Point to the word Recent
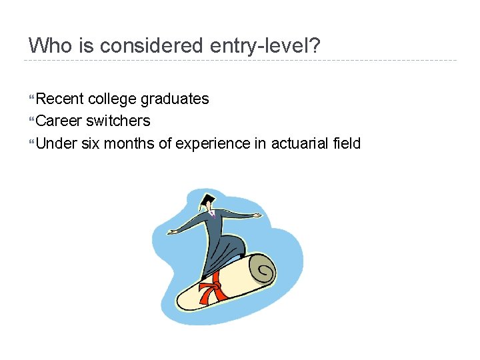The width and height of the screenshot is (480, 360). click(x=59, y=99)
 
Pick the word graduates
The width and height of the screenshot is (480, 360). click(x=175, y=99)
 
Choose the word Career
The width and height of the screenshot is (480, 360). click(x=59, y=121)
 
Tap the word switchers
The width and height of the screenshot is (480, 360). click(x=118, y=121)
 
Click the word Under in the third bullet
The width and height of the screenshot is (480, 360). click(x=57, y=143)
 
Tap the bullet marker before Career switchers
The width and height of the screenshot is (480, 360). click(x=31, y=121)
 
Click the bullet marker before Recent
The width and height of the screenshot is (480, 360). click(x=31, y=99)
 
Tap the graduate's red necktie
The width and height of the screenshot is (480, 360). click(x=213, y=214)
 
